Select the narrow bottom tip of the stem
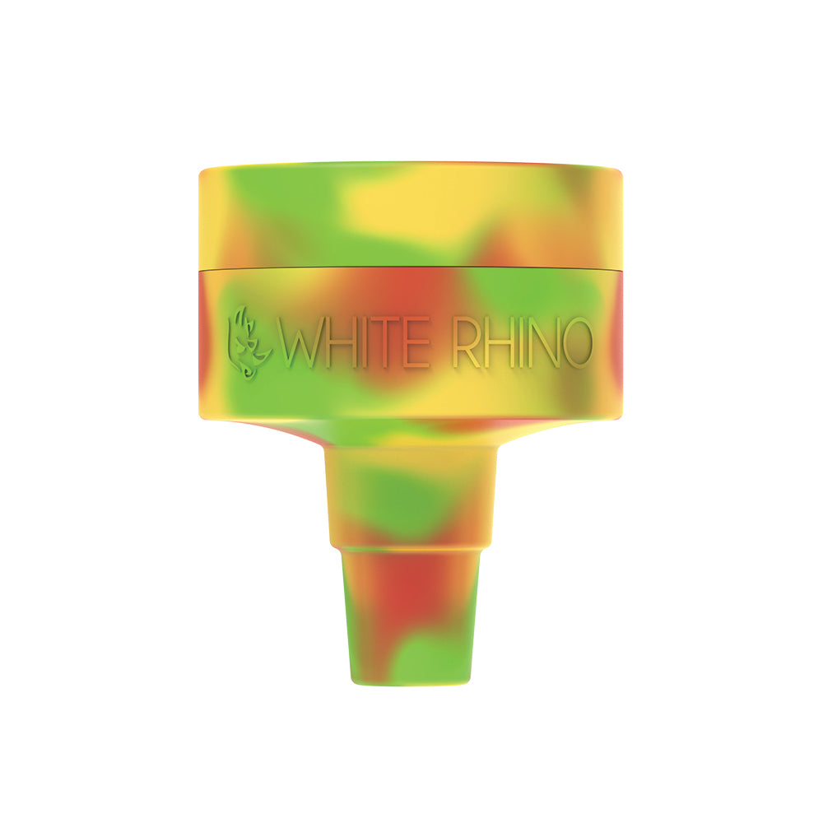pos(411,625)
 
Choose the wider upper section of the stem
pos(411,494)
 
